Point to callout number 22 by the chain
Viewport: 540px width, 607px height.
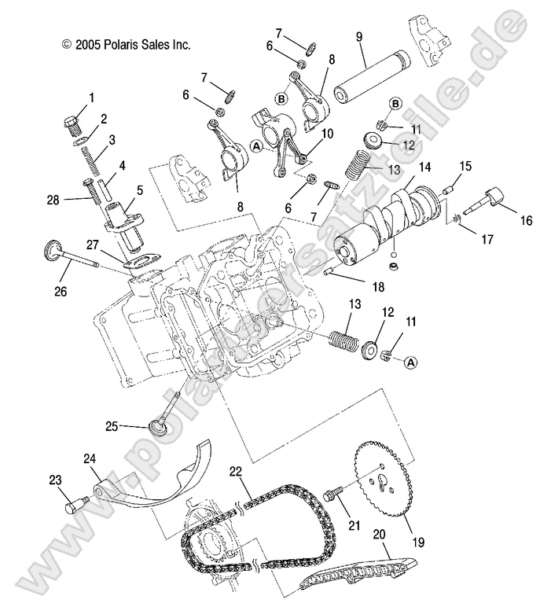point(235,471)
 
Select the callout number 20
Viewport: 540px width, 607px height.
point(379,534)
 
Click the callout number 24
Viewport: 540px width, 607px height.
point(90,458)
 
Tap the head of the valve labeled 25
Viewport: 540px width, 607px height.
point(158,428)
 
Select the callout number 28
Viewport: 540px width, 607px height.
point(53,200)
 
